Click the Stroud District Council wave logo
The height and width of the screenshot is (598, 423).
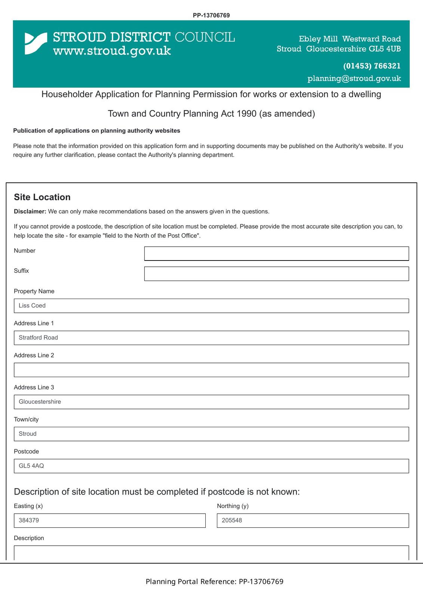point(36,43)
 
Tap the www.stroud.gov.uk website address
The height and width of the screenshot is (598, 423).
point(112,50)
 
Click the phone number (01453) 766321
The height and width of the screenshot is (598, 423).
point(371,66)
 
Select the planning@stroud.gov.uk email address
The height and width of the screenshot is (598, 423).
point(354,78)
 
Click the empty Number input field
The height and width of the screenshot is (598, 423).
point(276,253)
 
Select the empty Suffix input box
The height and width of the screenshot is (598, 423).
point(276,274)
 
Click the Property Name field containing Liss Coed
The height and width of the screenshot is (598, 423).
point(211,306)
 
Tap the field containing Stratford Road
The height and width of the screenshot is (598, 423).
point(211,338)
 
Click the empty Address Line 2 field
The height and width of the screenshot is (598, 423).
point(211,370)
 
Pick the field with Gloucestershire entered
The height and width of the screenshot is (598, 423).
point(211,402)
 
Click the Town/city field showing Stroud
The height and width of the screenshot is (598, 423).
point(211,434)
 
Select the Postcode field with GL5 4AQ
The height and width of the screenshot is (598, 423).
point(211,466)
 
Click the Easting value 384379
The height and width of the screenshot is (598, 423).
point(110,521)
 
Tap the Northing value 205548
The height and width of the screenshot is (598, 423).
point(313,521)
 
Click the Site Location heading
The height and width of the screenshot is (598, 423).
point(42,197)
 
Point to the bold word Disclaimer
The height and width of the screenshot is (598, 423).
point(30,212)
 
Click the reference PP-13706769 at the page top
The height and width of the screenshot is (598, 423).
point(211,15)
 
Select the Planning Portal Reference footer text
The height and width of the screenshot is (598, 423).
point(214,582)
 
